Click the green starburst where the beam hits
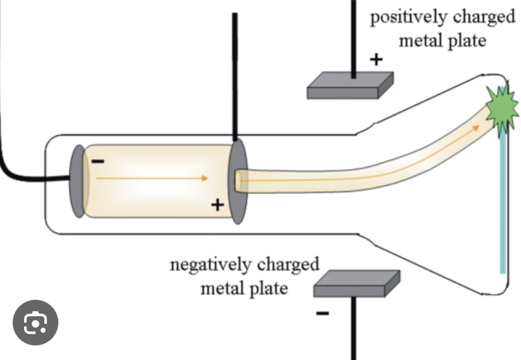499,108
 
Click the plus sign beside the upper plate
376,60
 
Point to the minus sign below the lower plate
323,313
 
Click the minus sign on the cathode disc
98,162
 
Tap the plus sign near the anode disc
217,204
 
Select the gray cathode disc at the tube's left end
78,181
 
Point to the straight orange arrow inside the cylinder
152,179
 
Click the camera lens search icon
35,323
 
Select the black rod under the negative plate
356,330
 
